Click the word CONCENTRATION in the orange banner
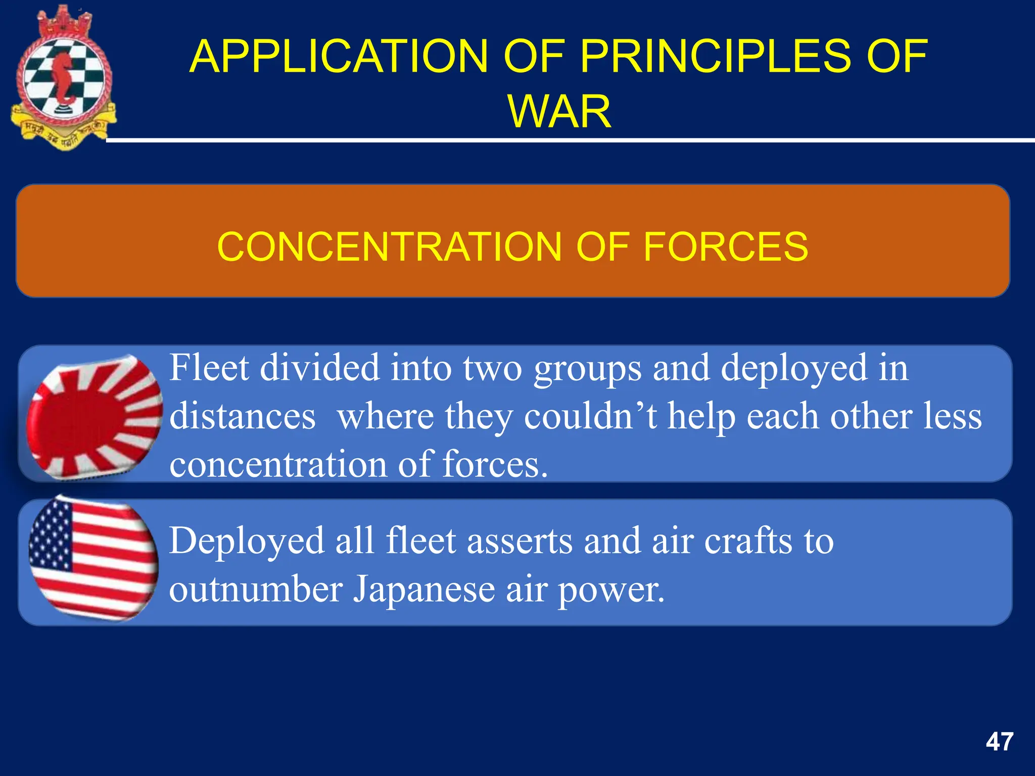click(x=389, y=247)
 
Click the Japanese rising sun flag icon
click(x=95, y=416)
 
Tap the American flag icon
click(x=93, y=560)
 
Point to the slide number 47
click(x=999, y=742)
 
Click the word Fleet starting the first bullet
click(x=209, y=368)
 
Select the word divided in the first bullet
click(x=319, y=368)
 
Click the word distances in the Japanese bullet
click(x=243, y=416)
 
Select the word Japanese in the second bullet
click(x=424, y=590)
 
